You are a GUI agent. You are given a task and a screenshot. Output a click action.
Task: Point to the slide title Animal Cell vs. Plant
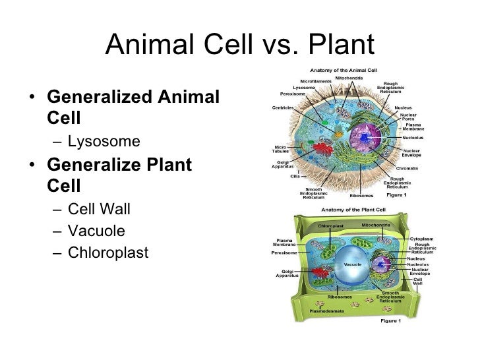[x=239, y=45]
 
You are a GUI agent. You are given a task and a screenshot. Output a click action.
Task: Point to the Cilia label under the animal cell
[x=295, y=176]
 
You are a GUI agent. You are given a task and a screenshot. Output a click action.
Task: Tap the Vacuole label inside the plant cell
[x=351, y=264]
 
